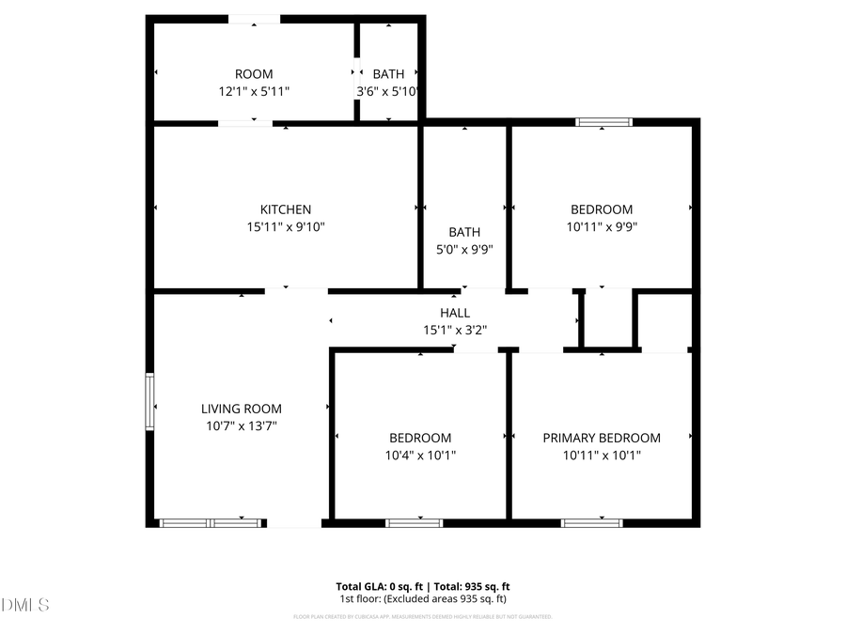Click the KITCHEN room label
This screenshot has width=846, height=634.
click(286, 209)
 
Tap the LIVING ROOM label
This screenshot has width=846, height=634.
click(242, 409)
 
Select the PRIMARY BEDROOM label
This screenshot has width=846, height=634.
click(602, 438)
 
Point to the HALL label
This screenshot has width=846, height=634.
click(455, 313)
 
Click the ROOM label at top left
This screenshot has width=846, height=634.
click(254, 74)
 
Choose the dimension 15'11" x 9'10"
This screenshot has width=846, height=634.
click(286, 226)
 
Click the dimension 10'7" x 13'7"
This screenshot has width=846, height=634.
click(242, 425)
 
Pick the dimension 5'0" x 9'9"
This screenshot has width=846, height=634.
click(464, 249)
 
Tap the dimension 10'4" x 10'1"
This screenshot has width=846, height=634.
click(420, 455)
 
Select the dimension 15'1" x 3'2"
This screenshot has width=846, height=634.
click(455, 330)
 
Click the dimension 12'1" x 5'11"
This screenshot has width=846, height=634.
click(254, 91)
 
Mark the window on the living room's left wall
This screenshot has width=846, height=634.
click(149, 402)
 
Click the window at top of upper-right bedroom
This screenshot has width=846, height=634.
click(604, 121)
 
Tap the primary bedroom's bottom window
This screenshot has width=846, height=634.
click(592, 522)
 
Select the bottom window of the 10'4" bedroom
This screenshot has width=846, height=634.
click(415, 522)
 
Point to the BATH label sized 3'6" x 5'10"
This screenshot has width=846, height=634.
click(388, 74)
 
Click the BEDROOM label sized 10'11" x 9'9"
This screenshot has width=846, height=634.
click(602, 209)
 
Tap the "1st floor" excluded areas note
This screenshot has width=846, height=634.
click(423, 598)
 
